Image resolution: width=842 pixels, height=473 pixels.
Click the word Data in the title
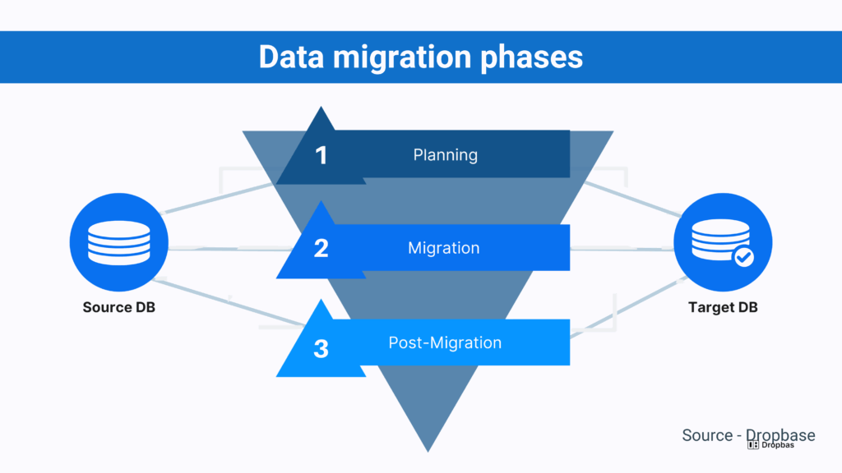click(x=291, y=57)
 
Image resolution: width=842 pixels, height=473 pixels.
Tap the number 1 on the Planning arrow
click(x=322, y=155)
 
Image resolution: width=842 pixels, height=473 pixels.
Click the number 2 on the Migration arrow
click(x=322, y=248)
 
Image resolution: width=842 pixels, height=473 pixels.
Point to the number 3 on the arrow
click(x=322, y=347)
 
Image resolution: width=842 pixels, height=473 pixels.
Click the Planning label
click(x=445, y=154)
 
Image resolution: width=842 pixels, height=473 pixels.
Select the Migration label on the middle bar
click(x=444, y=248)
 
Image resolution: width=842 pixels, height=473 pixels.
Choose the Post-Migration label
click(x=445, y=342)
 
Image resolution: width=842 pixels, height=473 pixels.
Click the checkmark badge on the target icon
click(x=743, y=258)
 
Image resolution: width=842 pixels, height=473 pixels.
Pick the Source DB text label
click(x=119, y=308)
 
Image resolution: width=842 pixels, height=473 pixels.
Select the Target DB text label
click(x=723, y=308)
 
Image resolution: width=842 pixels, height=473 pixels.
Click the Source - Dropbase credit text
click(x=748, y=434)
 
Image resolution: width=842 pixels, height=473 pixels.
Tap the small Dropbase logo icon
click(x=752, y=445)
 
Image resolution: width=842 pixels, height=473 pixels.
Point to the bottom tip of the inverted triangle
click(x=428, y=448)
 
